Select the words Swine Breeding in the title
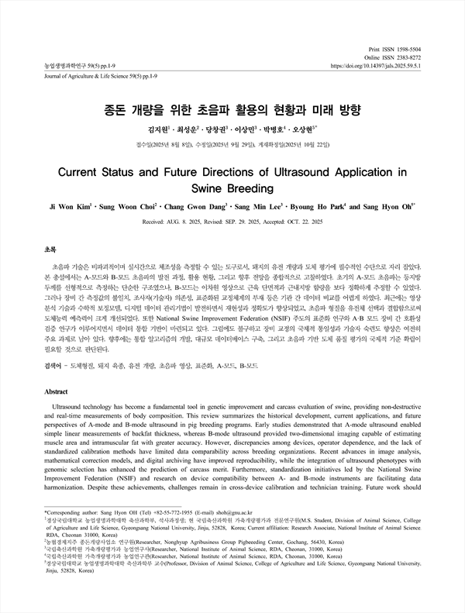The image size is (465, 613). (x=232, y=188)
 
